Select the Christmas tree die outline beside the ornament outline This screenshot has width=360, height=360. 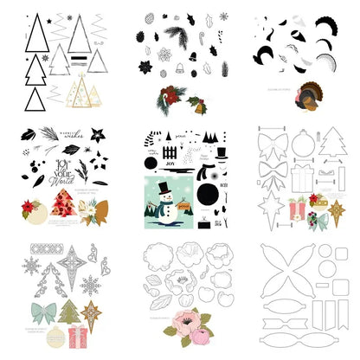(x=331, y=143)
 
